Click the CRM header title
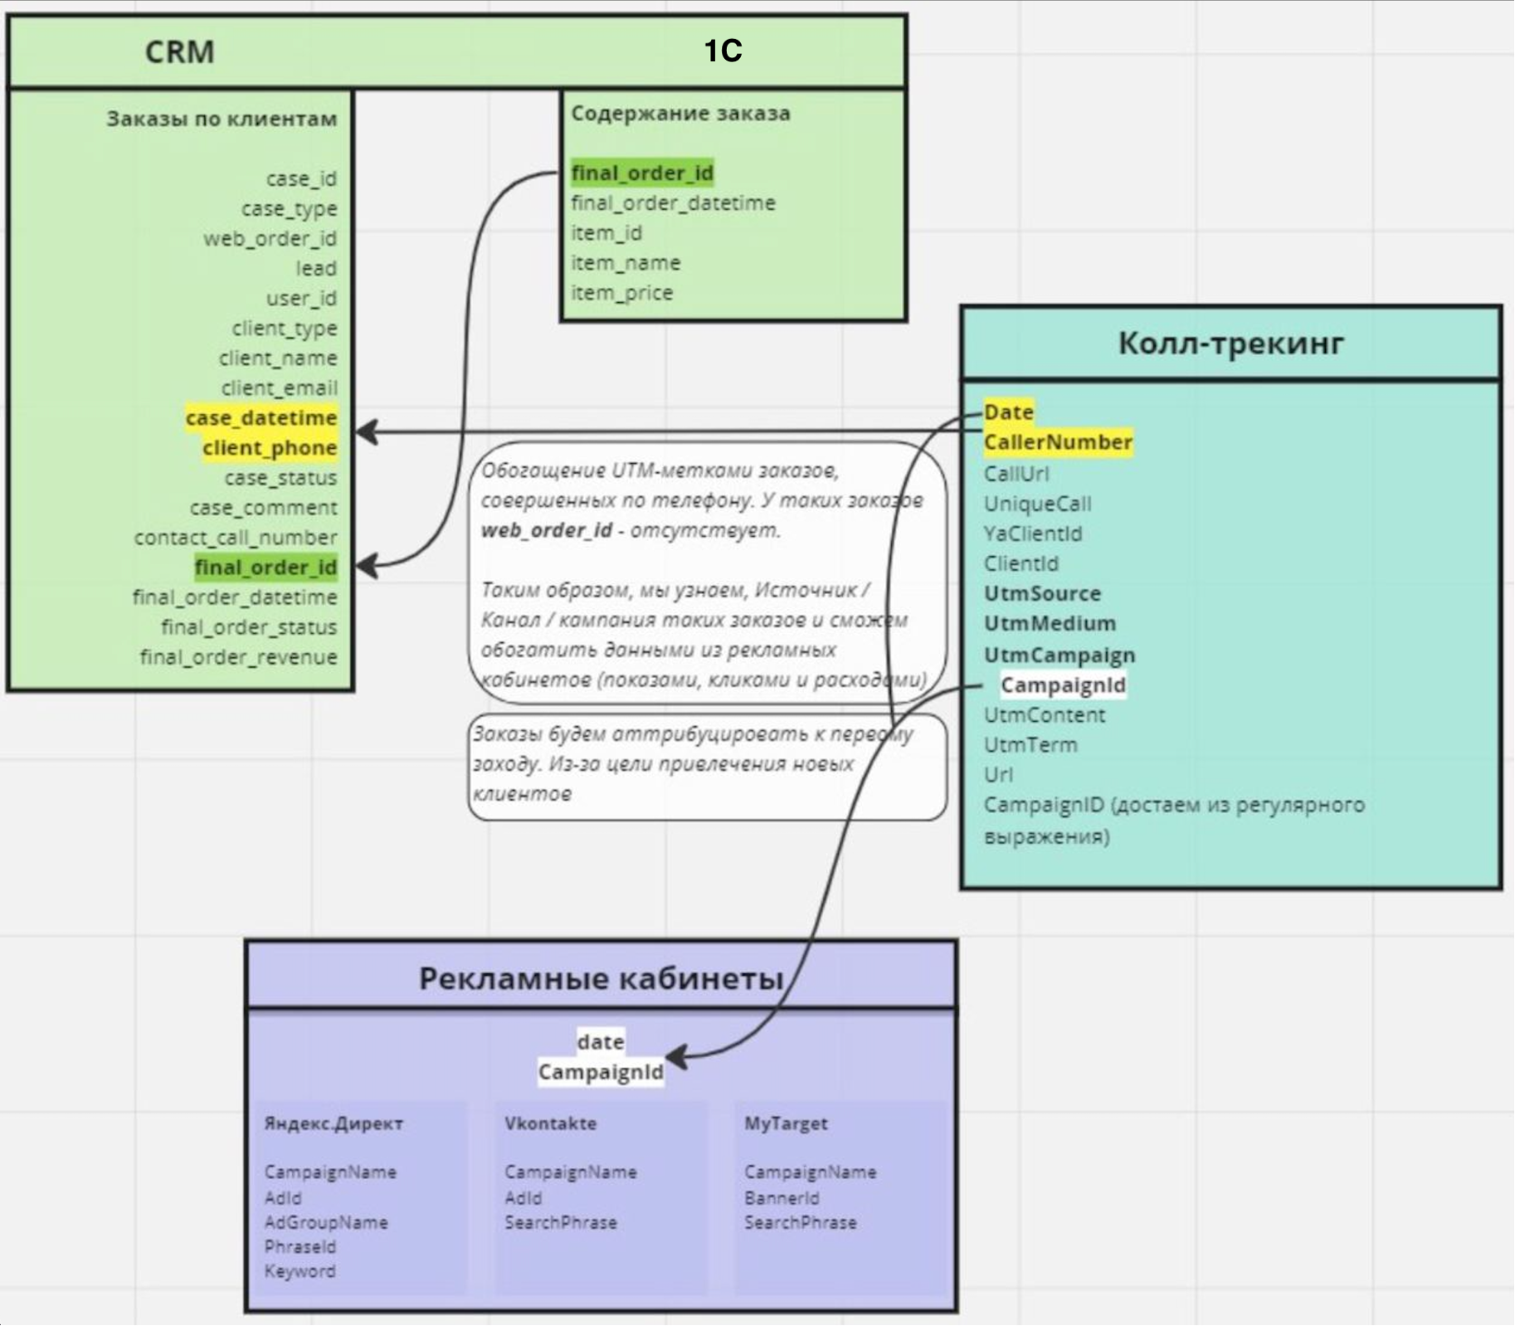click(180, 51)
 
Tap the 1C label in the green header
click(723, 51)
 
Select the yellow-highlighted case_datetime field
click(261, 417)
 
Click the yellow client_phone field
click(270, 448)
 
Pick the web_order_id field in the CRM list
click(270, 239)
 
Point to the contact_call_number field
click(236, 538)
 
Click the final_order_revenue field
click(239, 657)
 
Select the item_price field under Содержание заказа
click(622, 293)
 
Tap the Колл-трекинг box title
click(1230, 343)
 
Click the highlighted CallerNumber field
click(1058, 442)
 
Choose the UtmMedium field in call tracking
click(1050, 623)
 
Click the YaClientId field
click(1033, 534)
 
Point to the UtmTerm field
click(1030, 745)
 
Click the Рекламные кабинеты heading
click(602, 978)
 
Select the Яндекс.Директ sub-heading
click(334, 1124)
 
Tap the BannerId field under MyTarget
click(782, 1198)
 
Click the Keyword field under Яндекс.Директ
click(300, 1271)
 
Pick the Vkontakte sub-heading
click(551, 1124)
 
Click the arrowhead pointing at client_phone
click(368, 431)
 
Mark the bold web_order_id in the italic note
click(547, 530)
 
